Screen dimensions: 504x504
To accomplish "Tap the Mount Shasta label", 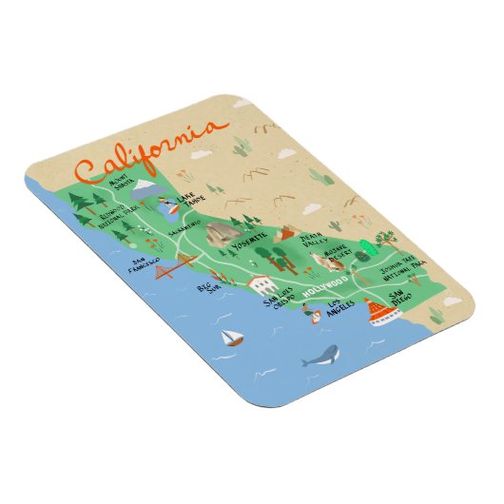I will click(x=121, y=182).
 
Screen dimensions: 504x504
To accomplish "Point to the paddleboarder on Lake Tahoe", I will click(x=169, y=204).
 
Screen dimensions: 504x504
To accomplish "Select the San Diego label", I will click(x=398, y=304).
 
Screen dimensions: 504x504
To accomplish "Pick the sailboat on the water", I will click(x=229, y=337).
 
